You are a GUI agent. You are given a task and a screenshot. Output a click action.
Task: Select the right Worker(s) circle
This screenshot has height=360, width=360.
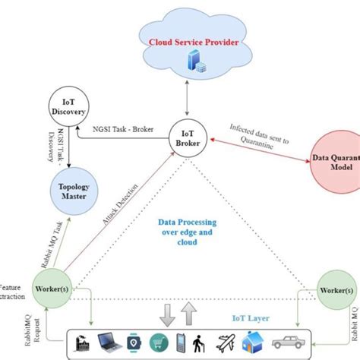[337, 290]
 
